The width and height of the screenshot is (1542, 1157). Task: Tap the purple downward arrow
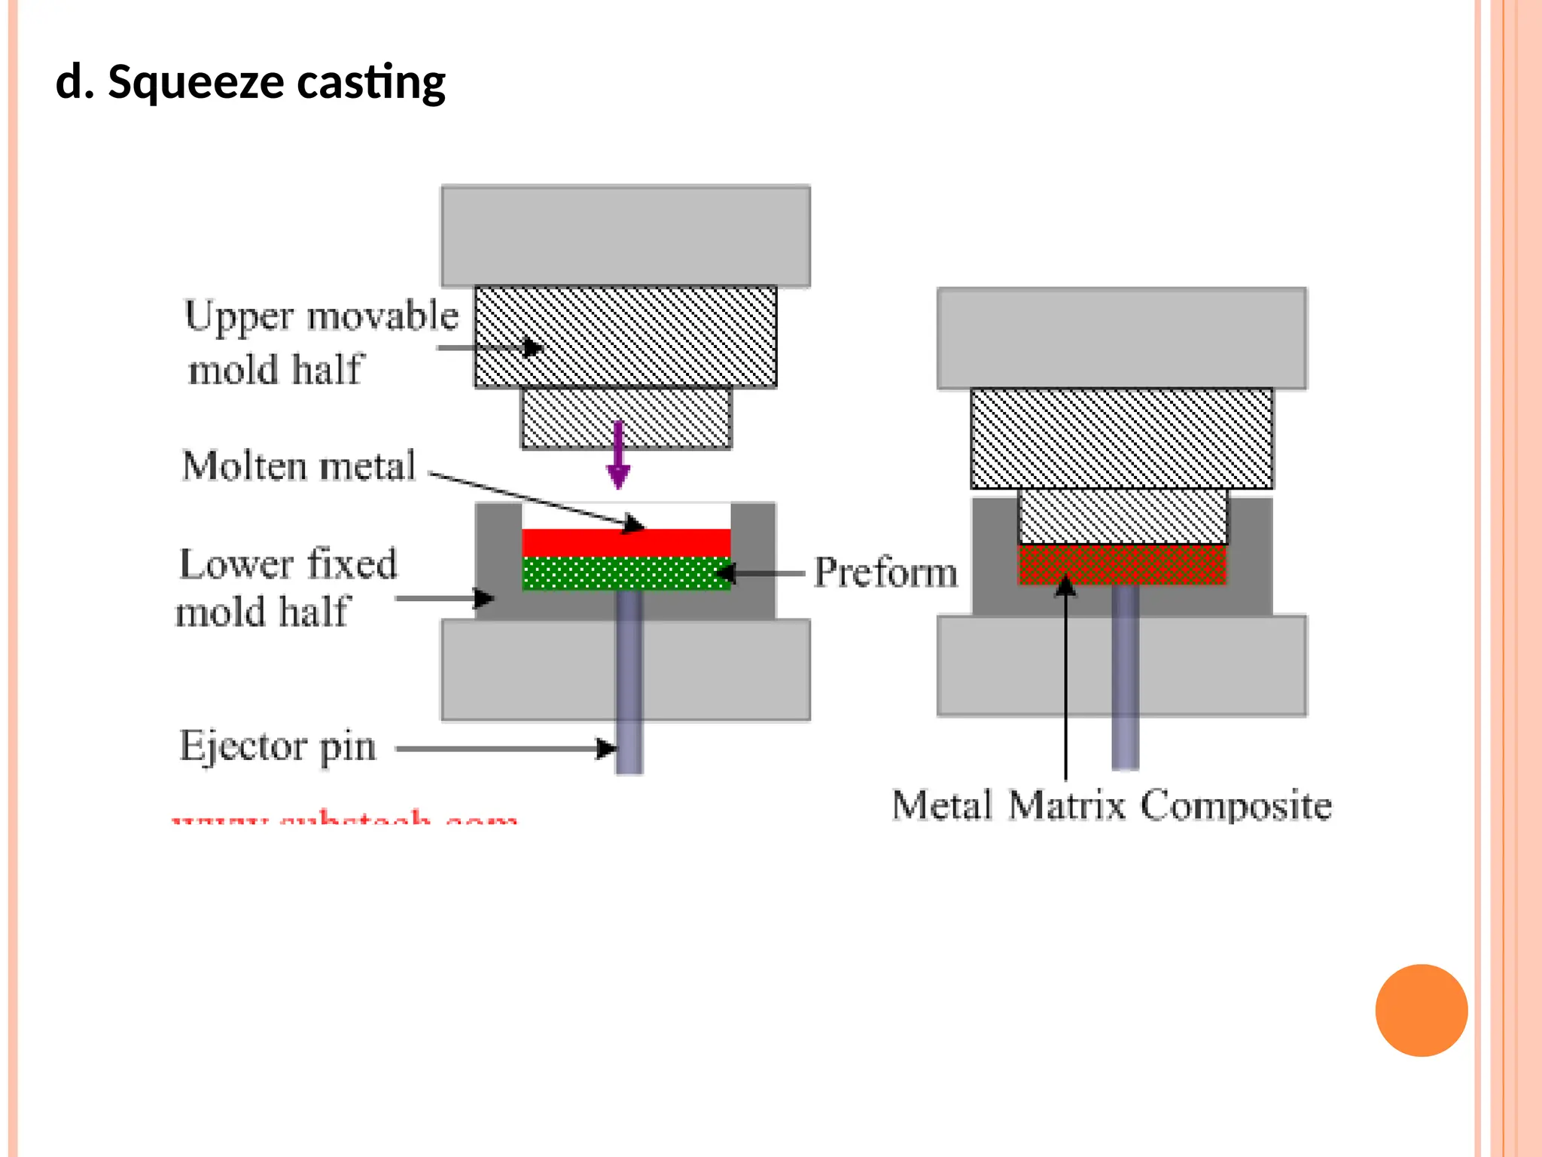point(618,456)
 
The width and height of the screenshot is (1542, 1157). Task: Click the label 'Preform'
point(885,572)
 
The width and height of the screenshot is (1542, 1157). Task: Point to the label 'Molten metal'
point(299,466)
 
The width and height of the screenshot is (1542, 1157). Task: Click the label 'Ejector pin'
point(277,746)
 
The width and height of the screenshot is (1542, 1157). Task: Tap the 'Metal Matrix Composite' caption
point(1111,805)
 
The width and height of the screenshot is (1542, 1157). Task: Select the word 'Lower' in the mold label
point(225,564)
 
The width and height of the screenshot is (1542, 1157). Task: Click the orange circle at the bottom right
point(1421,1010)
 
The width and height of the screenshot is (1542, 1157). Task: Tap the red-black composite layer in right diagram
point(1122,565)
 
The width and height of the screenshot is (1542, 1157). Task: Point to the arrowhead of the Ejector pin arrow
point(607,749)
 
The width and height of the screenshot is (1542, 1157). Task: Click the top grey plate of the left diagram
point(625,236)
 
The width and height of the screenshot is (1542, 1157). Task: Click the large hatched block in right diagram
point(1122,438)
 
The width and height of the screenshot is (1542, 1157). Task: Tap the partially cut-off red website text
point(345,818)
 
